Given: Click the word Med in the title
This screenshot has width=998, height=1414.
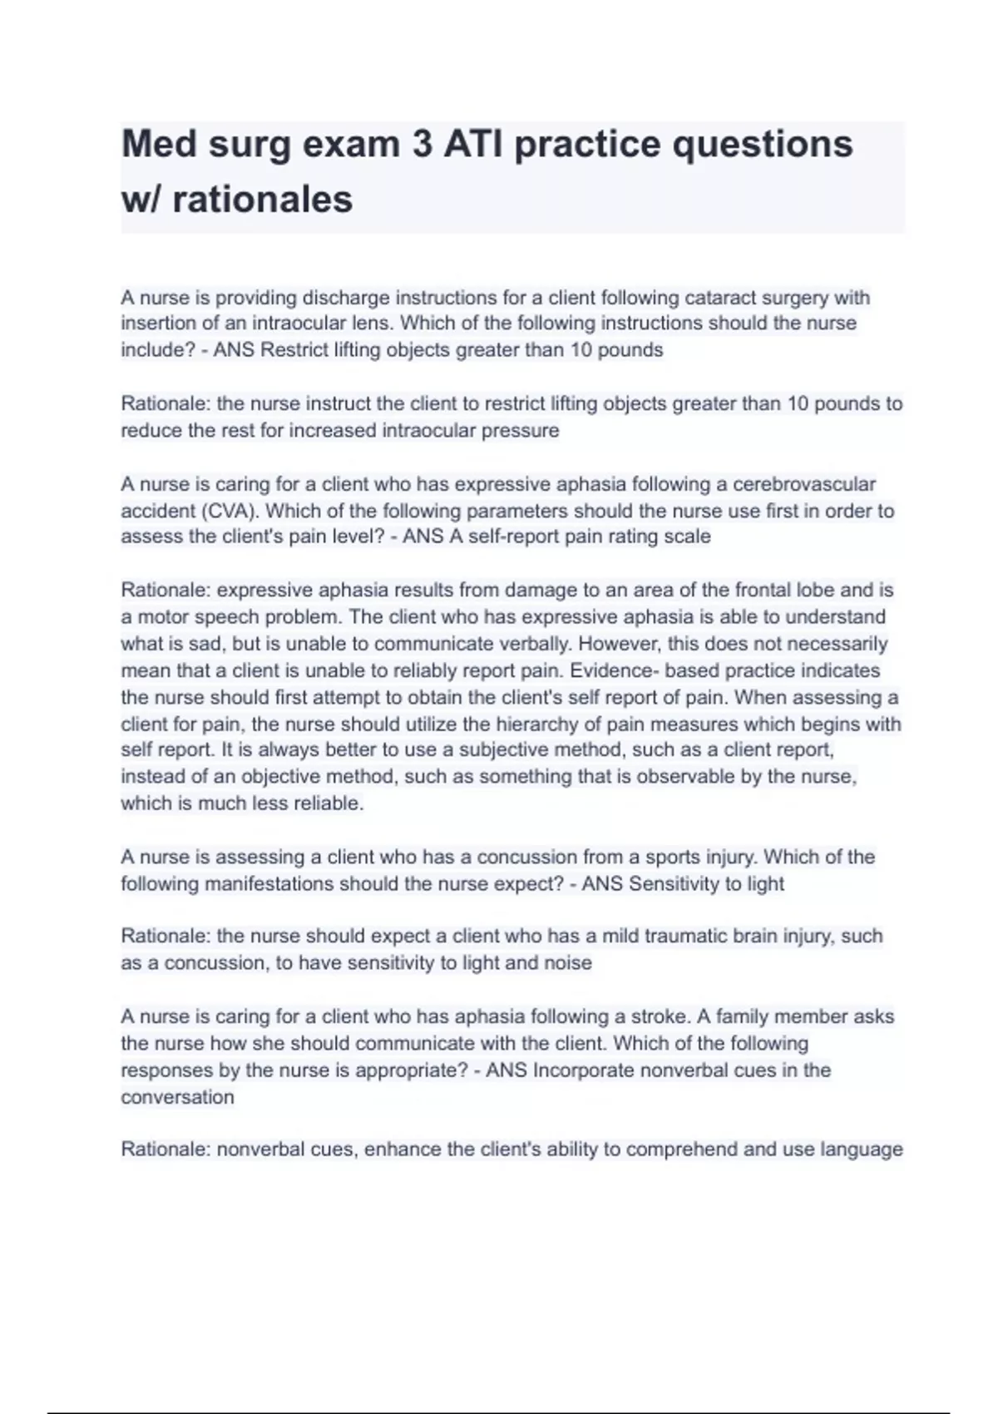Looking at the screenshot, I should (x=159, y=144).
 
